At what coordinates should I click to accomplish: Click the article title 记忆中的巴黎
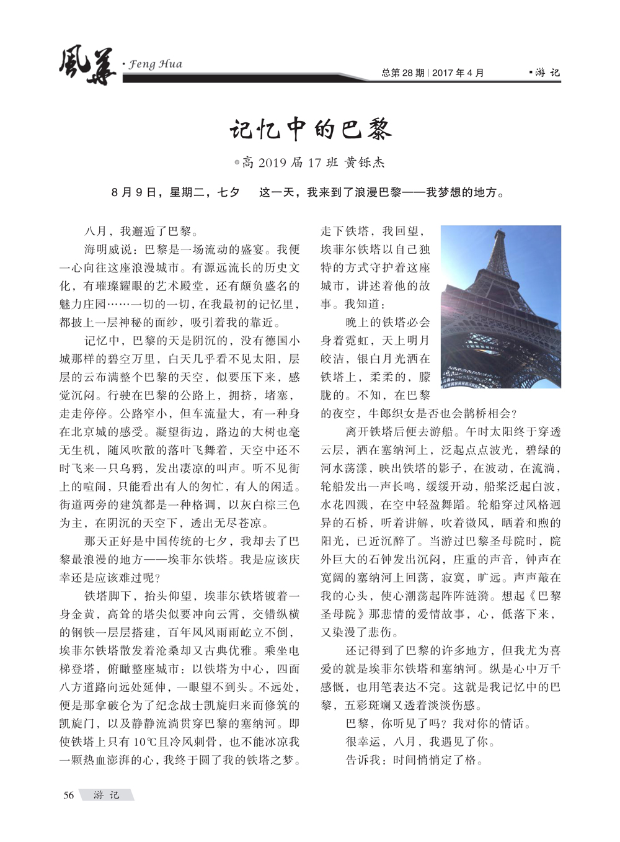pyautogui.click(x=310, y=129)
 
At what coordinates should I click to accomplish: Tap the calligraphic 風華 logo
pyautogui.click(x=87, y=66)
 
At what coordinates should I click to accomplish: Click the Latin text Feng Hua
pyautogui.click(x=155, y=64)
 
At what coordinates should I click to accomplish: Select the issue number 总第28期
pyautogui.click(x=403, y=73)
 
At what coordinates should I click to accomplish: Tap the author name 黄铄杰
pyautogui.click(x=365, y=163)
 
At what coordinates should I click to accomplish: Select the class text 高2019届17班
pyautogui.click(x=290, y=163)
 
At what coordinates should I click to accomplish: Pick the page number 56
pyautogui.click(x=68, y=795)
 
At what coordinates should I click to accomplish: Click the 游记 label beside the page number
pyautogui.click(x=106, y=795)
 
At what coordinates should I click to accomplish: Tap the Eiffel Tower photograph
pyautogui.click(x=500, y=307)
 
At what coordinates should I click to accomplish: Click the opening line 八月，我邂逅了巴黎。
pyautogui.click(x=141, y=231)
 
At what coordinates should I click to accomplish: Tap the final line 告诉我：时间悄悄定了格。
pyautogui.click(x=414, y=759)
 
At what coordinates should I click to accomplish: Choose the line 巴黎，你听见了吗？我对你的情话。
pyautogui.click(x=438, y=723)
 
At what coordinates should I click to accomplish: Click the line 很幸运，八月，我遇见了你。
pyautogui.click(x=420, y=741)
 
